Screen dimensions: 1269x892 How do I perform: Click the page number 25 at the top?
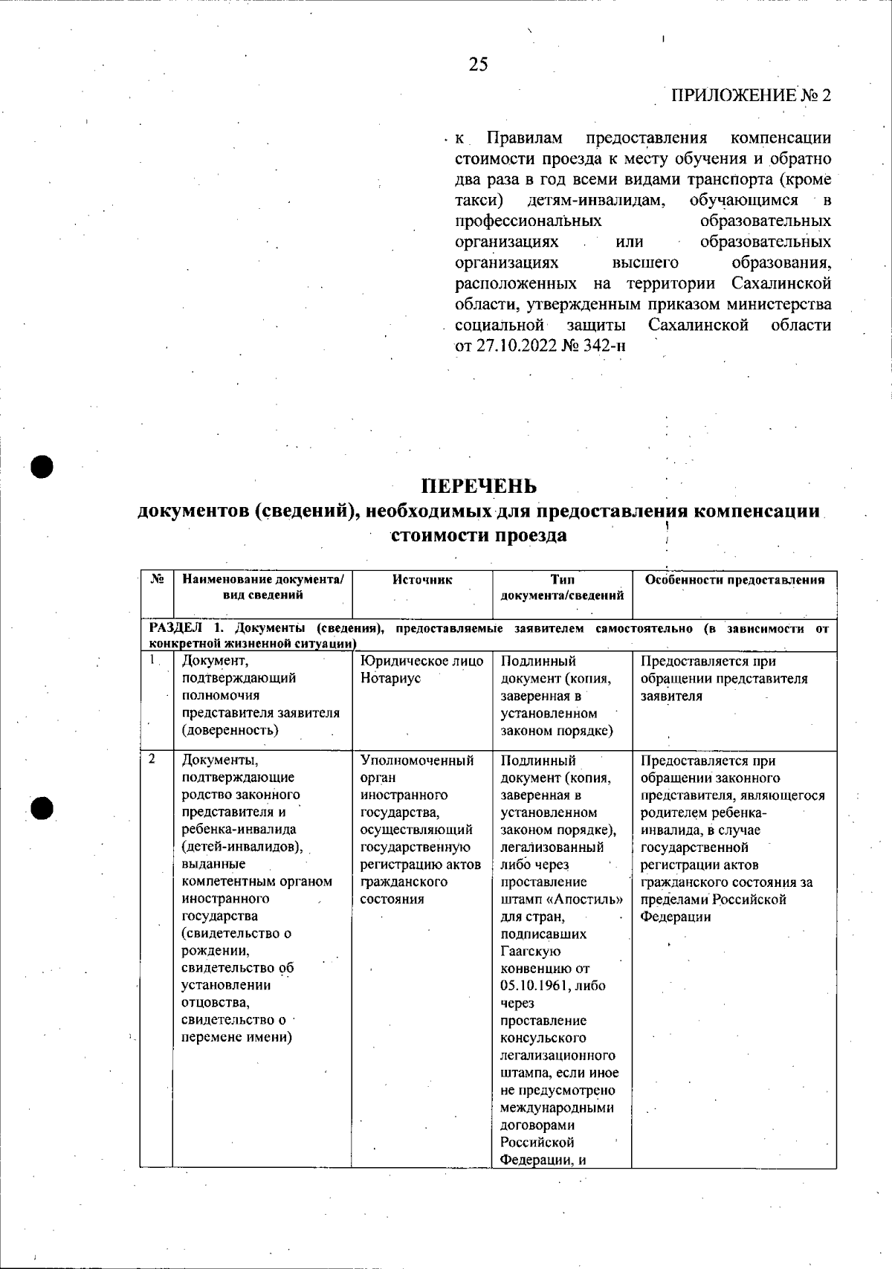[479, 65]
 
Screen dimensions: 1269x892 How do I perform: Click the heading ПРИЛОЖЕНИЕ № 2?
[751, 96]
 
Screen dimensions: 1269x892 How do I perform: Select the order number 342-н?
[604, 346]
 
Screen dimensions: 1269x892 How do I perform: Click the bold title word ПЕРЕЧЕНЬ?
[479, 486]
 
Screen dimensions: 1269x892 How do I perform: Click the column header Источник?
[421, 580]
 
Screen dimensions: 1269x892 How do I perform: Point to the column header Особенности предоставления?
[734, 580]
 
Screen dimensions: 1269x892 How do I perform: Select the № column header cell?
[157, 580]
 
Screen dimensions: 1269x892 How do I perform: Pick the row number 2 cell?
[153, 759]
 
